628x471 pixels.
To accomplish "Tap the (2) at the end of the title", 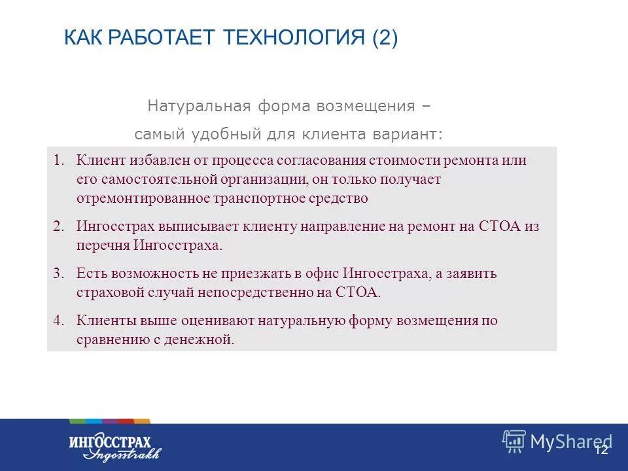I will coord(385,38).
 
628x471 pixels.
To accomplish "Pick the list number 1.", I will coord(58,160).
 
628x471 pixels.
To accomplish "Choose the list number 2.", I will coord(58,226).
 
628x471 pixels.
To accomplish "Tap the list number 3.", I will coord(58,273).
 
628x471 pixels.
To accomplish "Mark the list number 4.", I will coord(58,321).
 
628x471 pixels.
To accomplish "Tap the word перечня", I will coord(103,245).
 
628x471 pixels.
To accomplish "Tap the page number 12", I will coord(602,449).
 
